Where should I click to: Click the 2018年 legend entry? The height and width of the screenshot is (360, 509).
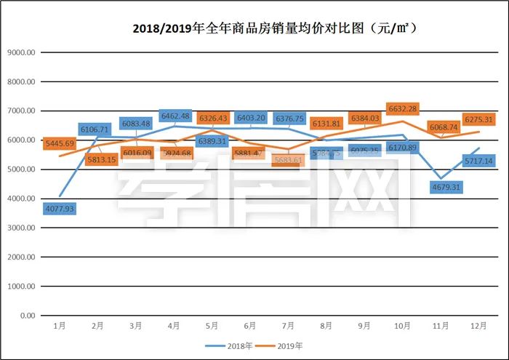coord(233,345)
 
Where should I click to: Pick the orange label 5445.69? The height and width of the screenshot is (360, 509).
coord(60,143)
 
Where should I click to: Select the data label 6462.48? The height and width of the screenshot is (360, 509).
coord(175,116)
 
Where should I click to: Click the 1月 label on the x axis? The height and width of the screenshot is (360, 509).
coord(60,326)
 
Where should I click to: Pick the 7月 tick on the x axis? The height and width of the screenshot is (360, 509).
coord(288,326)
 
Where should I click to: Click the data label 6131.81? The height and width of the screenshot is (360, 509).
coord(326,123)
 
